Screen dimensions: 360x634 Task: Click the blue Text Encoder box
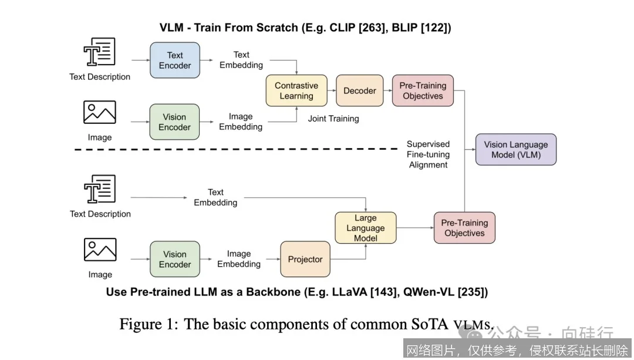(175, 60)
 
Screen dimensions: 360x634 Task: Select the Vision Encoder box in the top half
(174, 122)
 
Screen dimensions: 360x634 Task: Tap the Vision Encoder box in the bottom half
(174, 259)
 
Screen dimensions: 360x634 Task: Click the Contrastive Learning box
(296, 90)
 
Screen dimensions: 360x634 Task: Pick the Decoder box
(359, 90)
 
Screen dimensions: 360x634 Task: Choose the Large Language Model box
(365, 228)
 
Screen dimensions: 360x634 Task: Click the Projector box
(305, 259)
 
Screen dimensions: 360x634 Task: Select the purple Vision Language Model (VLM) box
(515, 150)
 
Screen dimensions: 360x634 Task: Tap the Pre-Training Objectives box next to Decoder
(423, 90)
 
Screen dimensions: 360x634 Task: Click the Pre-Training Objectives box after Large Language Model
(464, 228)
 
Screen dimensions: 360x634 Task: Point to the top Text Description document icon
(100, 52)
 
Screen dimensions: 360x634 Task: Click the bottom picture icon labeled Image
(100, 250)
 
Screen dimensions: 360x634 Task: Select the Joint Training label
(333, 119)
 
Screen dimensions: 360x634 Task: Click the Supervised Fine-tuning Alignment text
(429, 154)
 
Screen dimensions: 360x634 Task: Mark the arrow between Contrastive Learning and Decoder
(332, 90)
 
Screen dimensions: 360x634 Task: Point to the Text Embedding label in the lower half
(215, 197)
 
